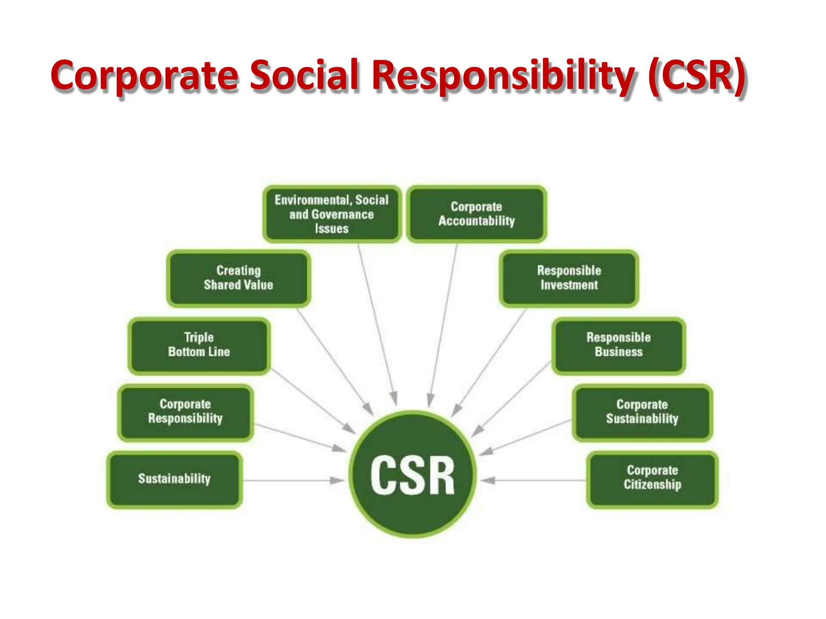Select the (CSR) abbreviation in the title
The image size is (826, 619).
697,75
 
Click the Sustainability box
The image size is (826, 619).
174,479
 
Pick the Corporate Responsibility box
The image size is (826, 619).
186,412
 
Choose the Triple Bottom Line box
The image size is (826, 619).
199,345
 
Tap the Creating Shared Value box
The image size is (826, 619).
238,278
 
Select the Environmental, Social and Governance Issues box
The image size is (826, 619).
332,214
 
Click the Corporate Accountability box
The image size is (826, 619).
476,214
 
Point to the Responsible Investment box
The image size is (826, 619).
569,278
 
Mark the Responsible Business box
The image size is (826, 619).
618,345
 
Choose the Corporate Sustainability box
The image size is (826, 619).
642,412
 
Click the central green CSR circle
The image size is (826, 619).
412,474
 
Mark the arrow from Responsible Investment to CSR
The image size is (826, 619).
490,361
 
